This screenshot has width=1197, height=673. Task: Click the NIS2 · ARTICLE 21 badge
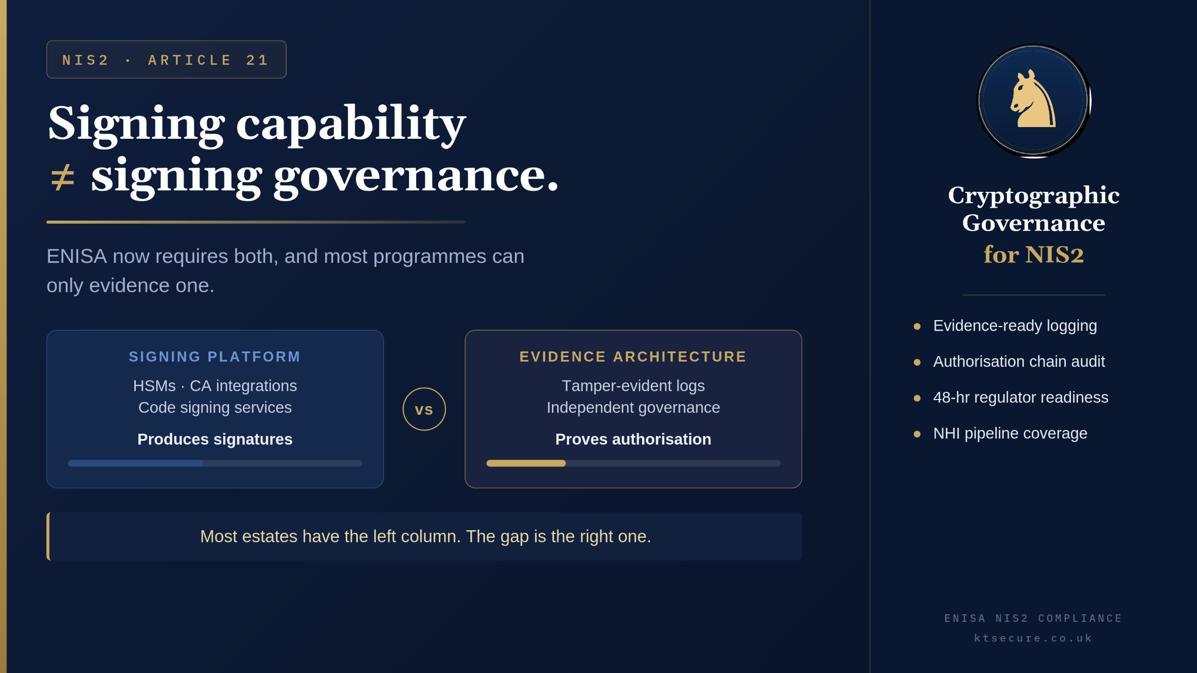(x=166, y=60)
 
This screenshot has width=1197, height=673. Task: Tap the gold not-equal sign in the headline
(x=63, y=178)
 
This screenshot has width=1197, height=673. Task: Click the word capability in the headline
(x=351, y=125)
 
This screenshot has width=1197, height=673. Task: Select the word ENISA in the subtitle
(x=77, y=256)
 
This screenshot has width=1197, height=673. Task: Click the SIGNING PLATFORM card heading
(x=215, y=357)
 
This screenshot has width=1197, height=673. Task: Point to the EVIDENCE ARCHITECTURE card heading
(x=633, y=357)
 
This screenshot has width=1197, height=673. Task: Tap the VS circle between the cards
(x=424, y=409)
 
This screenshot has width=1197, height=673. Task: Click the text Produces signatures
(x=215, y=439)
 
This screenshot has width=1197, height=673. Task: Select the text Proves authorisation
(x=633, y=439)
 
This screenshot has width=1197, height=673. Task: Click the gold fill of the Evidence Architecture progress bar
(x=526, y=463)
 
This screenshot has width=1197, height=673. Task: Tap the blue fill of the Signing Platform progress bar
(x=136, y=463)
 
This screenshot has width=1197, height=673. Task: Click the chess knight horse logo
(x=1033, y=99)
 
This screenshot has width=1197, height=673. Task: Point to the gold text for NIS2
(x=1033, y=254)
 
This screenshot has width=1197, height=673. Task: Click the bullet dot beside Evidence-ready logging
(x=917, y=327)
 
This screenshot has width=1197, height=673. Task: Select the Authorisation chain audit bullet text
(x=1019, y=362)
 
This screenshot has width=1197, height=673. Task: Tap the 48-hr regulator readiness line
(x=1021, y=398)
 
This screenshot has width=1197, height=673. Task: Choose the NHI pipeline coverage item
(x=1010, y=433)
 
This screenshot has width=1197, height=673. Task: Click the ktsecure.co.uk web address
(x=1033, y=638)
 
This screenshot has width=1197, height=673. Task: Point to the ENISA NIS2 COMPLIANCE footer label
(x=1033, y=618)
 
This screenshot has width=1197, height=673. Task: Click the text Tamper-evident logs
(x=633, y=386)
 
